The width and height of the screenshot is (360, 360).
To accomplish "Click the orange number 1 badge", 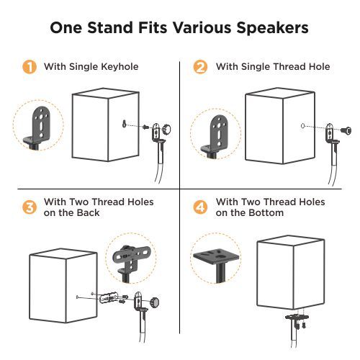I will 30,68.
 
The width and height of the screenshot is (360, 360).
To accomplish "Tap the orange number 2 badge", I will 201,68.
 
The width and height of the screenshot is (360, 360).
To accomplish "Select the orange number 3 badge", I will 30,207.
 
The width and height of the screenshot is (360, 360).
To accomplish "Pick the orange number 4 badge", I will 201,207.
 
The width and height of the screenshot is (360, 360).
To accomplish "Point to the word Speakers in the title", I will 269,28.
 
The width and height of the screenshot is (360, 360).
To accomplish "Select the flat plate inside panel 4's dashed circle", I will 217,256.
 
